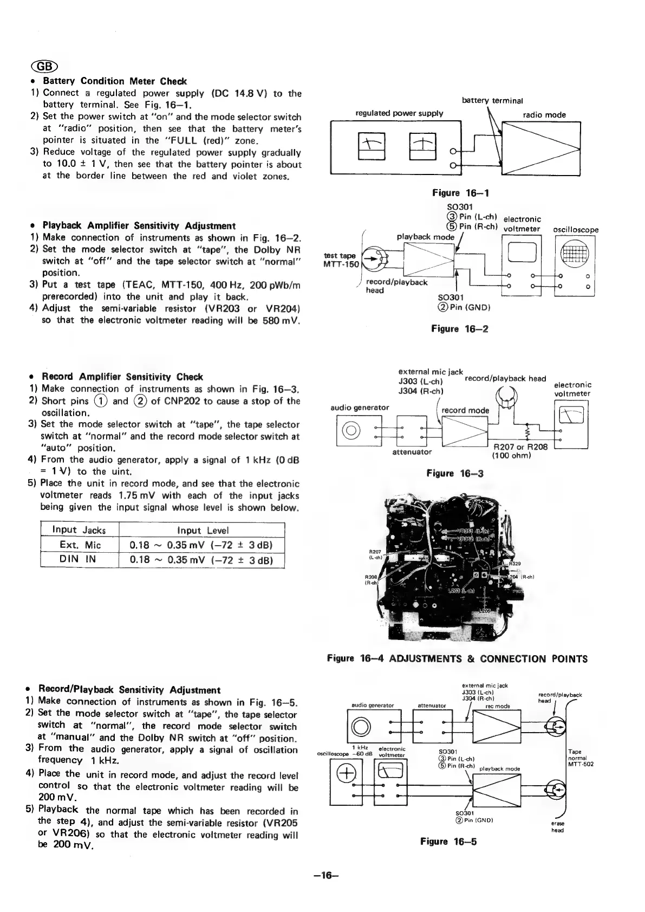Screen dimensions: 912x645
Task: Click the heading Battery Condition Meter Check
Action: click(x=114, y=81)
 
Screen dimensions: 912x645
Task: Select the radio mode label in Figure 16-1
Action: click(x=544, y=115)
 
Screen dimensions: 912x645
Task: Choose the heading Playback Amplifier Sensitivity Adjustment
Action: click(x=139, y=225)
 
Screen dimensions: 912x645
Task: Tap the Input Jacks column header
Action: click(x=79, y=530)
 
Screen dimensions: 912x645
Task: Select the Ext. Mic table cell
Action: click(x=79, y=545)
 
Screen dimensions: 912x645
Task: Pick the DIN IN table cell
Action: click(x=79, y=559)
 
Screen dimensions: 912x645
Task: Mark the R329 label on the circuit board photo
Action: click(x=515, y=564)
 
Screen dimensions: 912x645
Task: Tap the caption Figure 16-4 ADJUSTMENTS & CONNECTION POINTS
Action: click(x=457, y=659)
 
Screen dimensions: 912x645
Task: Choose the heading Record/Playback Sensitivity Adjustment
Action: click(x=129, y=690)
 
